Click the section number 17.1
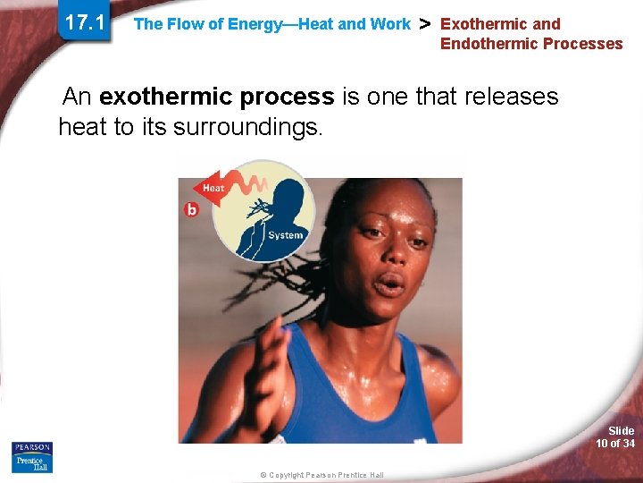pyautogui.click(x=85, y=22)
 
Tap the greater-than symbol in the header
pyautogui.click(x=425, y=23)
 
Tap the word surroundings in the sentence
pyautogui.click(x=244, y=127)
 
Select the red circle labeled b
pyautogui.click(x=191, y=209)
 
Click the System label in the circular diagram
pyautogui.click(x=285, y=235)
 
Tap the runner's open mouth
pyautogui.click(x=388, y=285)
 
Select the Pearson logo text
pyautogui.click(x=32, y=447)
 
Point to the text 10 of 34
pyautogui.click(x=616, y=444)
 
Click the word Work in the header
pyautogui.click(x=391, y=24)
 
